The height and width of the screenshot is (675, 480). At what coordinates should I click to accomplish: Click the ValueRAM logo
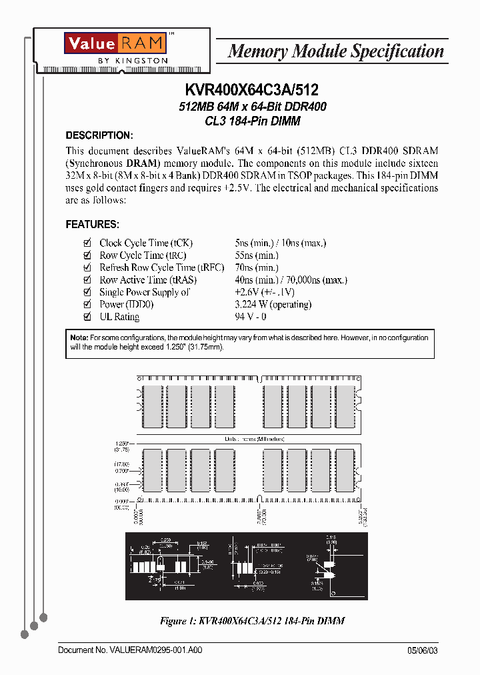(114, 43)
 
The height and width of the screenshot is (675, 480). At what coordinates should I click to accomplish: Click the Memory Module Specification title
(335, 51)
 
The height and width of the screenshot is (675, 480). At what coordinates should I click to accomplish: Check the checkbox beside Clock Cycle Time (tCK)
(86, 243)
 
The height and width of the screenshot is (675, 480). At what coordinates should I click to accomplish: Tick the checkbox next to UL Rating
(86, 317)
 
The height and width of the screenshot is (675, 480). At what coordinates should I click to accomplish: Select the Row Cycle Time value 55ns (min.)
(256, 255)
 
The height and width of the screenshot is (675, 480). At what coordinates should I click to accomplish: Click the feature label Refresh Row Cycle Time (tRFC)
(147, 267)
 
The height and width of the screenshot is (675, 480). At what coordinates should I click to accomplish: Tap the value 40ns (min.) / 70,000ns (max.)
(291, 280)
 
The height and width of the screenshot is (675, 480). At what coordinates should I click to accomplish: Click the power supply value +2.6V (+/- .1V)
(265, 292)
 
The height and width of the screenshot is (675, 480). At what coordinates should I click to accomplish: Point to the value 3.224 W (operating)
(273, 305)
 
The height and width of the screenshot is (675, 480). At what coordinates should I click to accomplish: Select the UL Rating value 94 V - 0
(250, 317)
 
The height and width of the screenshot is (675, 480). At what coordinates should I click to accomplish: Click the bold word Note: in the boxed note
(79, 338)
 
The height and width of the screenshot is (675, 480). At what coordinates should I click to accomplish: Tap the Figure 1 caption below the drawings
(252, 621)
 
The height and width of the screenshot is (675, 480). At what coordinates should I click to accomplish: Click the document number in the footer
(130, 650)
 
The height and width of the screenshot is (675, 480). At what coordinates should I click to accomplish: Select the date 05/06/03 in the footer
(423, 650)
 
